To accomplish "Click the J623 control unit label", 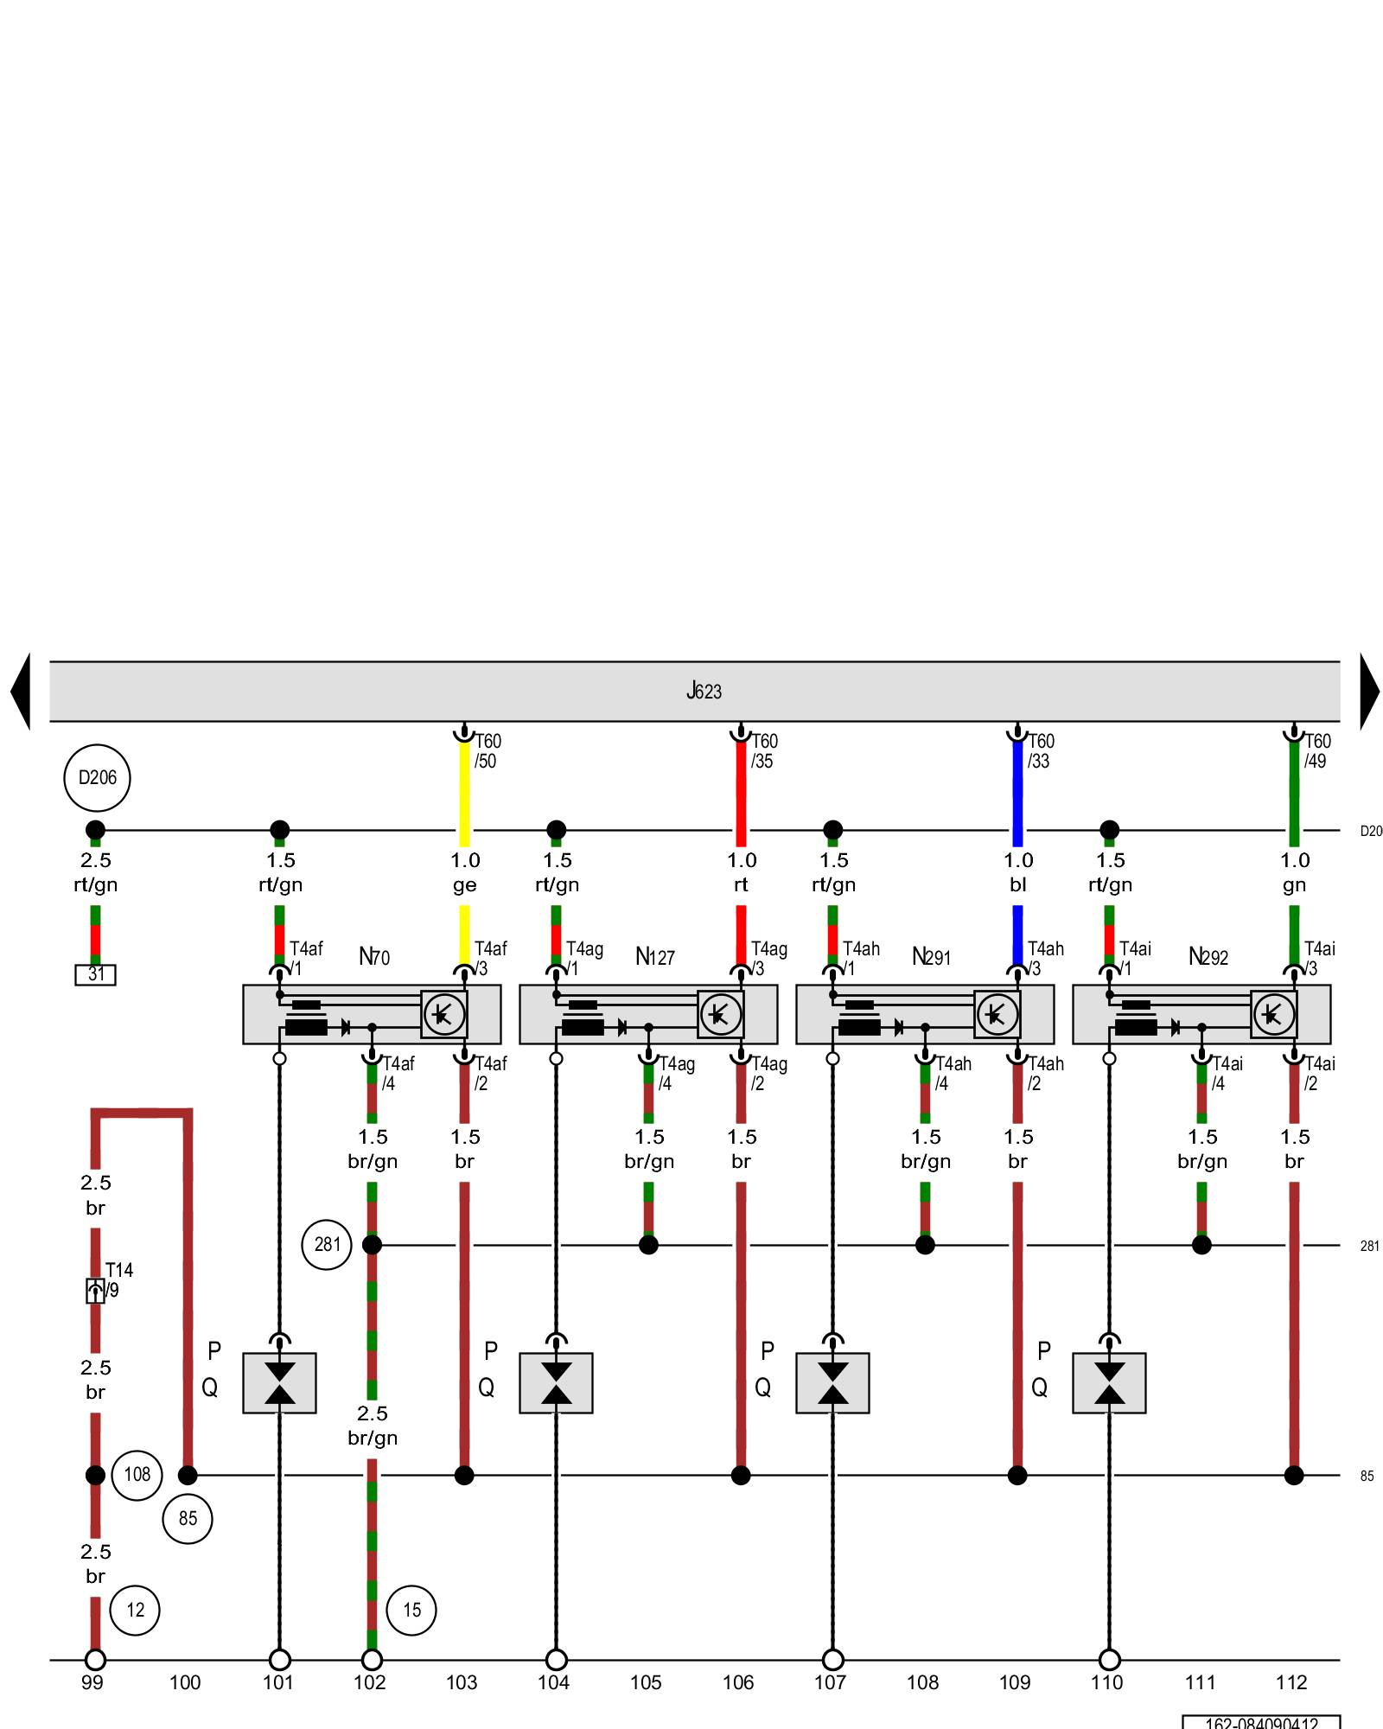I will click(x=704, y=691).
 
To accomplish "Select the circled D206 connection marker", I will click(x=97, y=777).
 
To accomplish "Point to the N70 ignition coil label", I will click(x=374, y=957).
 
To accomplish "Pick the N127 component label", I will click(x=654, y=957).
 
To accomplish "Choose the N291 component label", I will click(x=931, y=957).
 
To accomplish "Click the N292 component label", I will click(x=1208, y=957).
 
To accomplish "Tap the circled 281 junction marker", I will click(x=327, y=1244).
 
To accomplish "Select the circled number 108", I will click(x=137, y=1474).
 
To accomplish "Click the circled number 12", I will click(x=136, y=1610).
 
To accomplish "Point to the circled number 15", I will click(x=411, y=1610).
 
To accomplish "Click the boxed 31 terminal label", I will click(x=95, y=974).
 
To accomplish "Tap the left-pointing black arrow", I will click(x=21, y=691).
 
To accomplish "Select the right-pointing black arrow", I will click(x=1369, y=691).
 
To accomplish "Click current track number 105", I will click(x=646, y=1682).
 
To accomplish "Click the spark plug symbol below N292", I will click(x=1109, y=1382).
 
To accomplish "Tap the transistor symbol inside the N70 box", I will click(x=444, y=1014).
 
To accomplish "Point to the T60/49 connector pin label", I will click(x=1316, y=750).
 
